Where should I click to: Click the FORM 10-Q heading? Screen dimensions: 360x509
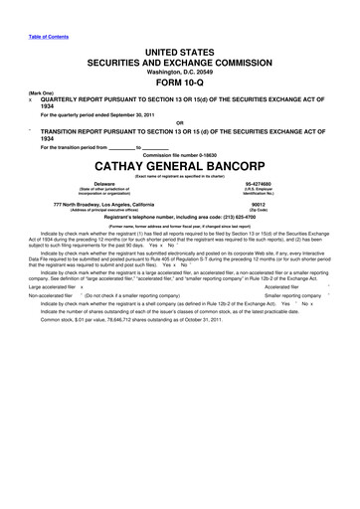(x=179, y=84)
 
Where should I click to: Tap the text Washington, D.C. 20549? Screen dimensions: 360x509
(x=179, y=73)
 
